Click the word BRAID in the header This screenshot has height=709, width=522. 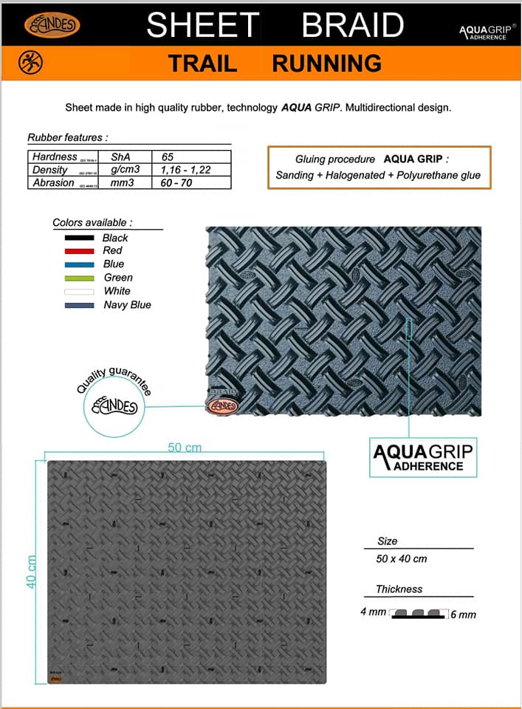353,25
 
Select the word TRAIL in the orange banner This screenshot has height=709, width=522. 202,64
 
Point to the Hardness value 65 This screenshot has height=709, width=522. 168,157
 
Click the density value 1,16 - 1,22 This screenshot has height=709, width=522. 185,170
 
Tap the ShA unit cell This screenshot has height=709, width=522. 120,157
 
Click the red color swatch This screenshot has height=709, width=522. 79,251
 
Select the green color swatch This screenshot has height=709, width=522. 79,278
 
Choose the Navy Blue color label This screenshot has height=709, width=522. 127,304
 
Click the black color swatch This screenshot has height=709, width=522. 79,238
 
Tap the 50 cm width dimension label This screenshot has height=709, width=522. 185,448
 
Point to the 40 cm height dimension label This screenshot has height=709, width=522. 32,573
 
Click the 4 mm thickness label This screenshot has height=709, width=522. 373,612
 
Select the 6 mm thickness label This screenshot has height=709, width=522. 463,614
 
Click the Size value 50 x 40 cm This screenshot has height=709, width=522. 402,558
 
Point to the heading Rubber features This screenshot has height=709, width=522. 67,137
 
